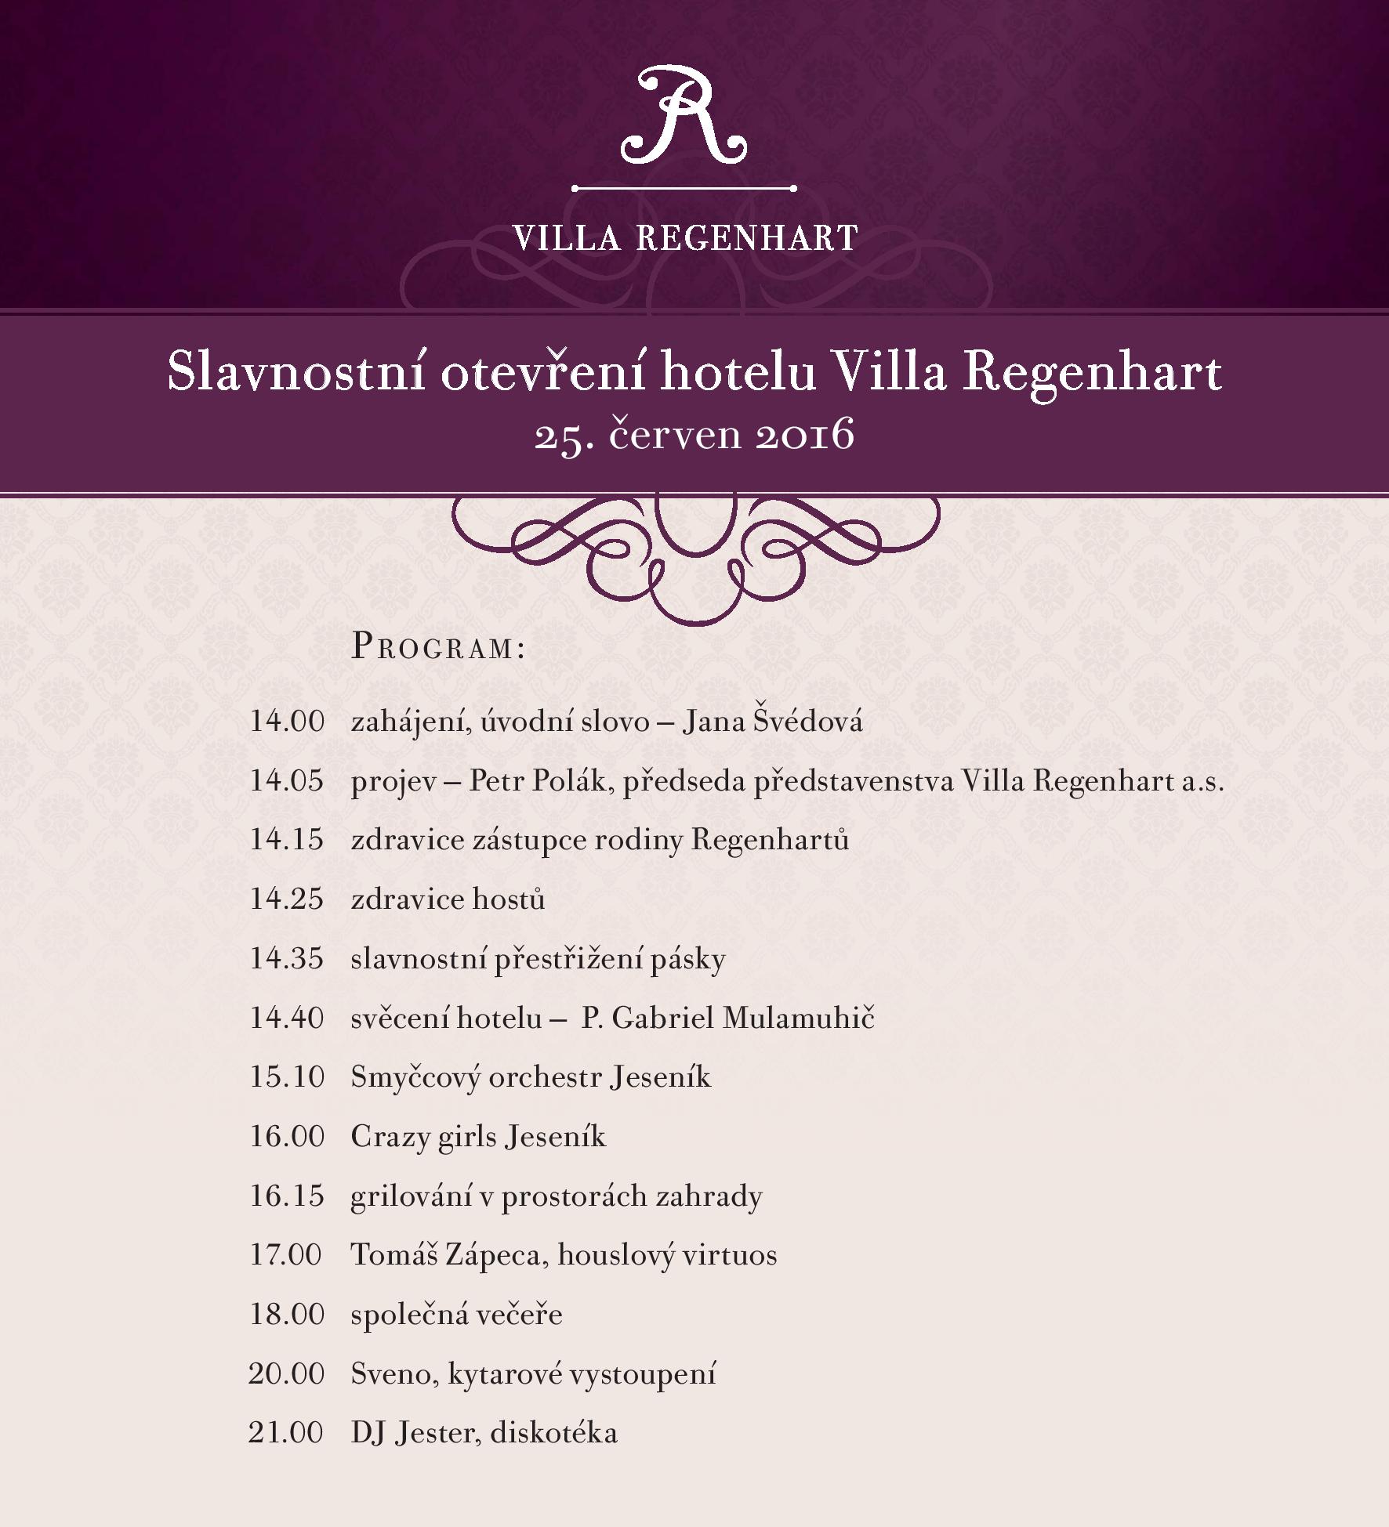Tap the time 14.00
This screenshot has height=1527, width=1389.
pyautogui.click(x=286, y=721)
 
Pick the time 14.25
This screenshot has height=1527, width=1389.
pyautogui.click(x=286, y=899)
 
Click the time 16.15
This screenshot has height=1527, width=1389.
pyautogui.click(x=286, y=1196)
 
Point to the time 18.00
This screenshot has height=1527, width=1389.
pyautogui.click(x=286, y=1314)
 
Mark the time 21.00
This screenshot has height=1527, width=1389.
pyautogui.click(x=286, y=1432)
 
